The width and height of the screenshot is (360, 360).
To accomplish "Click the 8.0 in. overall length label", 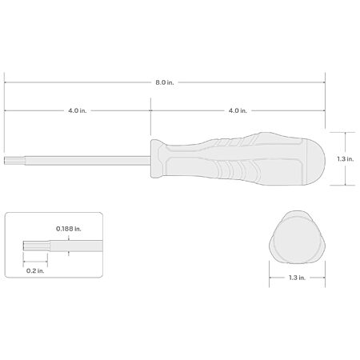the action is [165, 82].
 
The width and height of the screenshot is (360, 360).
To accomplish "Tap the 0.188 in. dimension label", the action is [69, 229].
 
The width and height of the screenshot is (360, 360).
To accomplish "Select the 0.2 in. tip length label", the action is [35, 271].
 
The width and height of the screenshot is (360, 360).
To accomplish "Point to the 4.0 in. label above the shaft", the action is [78, 110].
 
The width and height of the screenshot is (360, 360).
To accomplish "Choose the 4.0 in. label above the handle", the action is [238, 110].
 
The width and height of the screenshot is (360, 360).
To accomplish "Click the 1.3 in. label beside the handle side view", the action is [346, 159].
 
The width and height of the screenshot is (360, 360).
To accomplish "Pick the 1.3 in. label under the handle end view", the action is [297, 278].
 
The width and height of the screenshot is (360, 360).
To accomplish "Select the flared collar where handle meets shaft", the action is [158, 158].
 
